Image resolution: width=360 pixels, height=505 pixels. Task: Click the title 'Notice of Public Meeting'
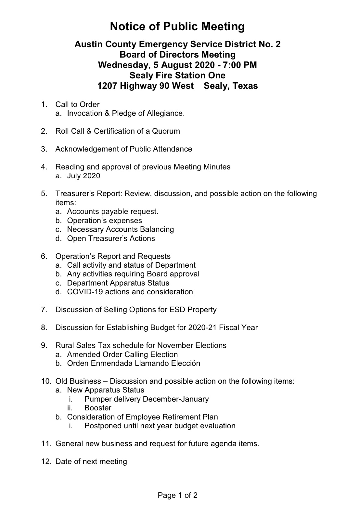coord(177,26)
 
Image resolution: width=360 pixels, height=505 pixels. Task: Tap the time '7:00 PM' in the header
coord(240,65)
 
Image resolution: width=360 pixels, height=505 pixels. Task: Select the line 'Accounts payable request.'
coord(113,212)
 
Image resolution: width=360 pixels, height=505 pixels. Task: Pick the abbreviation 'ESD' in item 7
coord(177,310)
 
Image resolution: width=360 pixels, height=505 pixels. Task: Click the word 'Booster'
coord(98,408)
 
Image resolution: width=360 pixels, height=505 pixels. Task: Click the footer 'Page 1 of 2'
coord(177,495)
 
